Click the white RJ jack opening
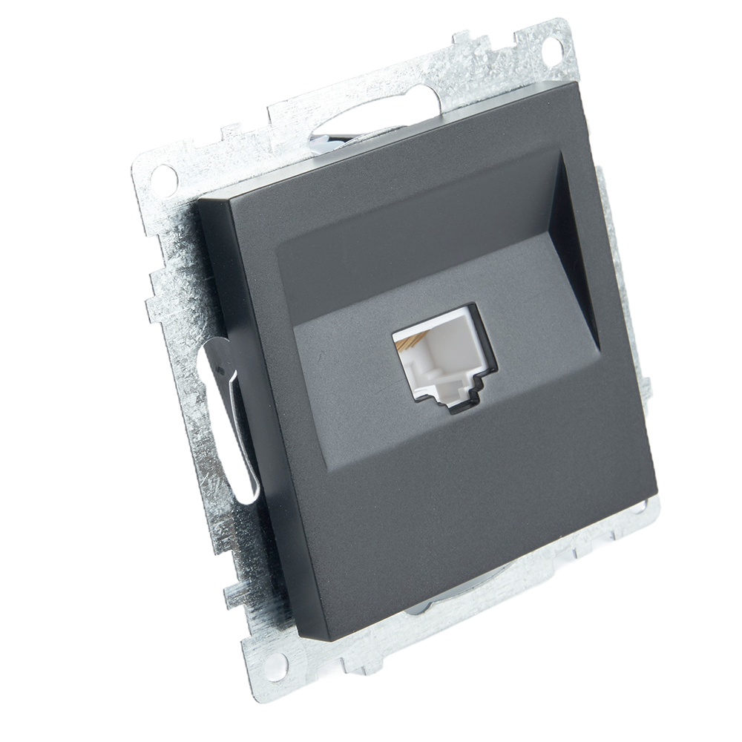pos(438,357)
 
